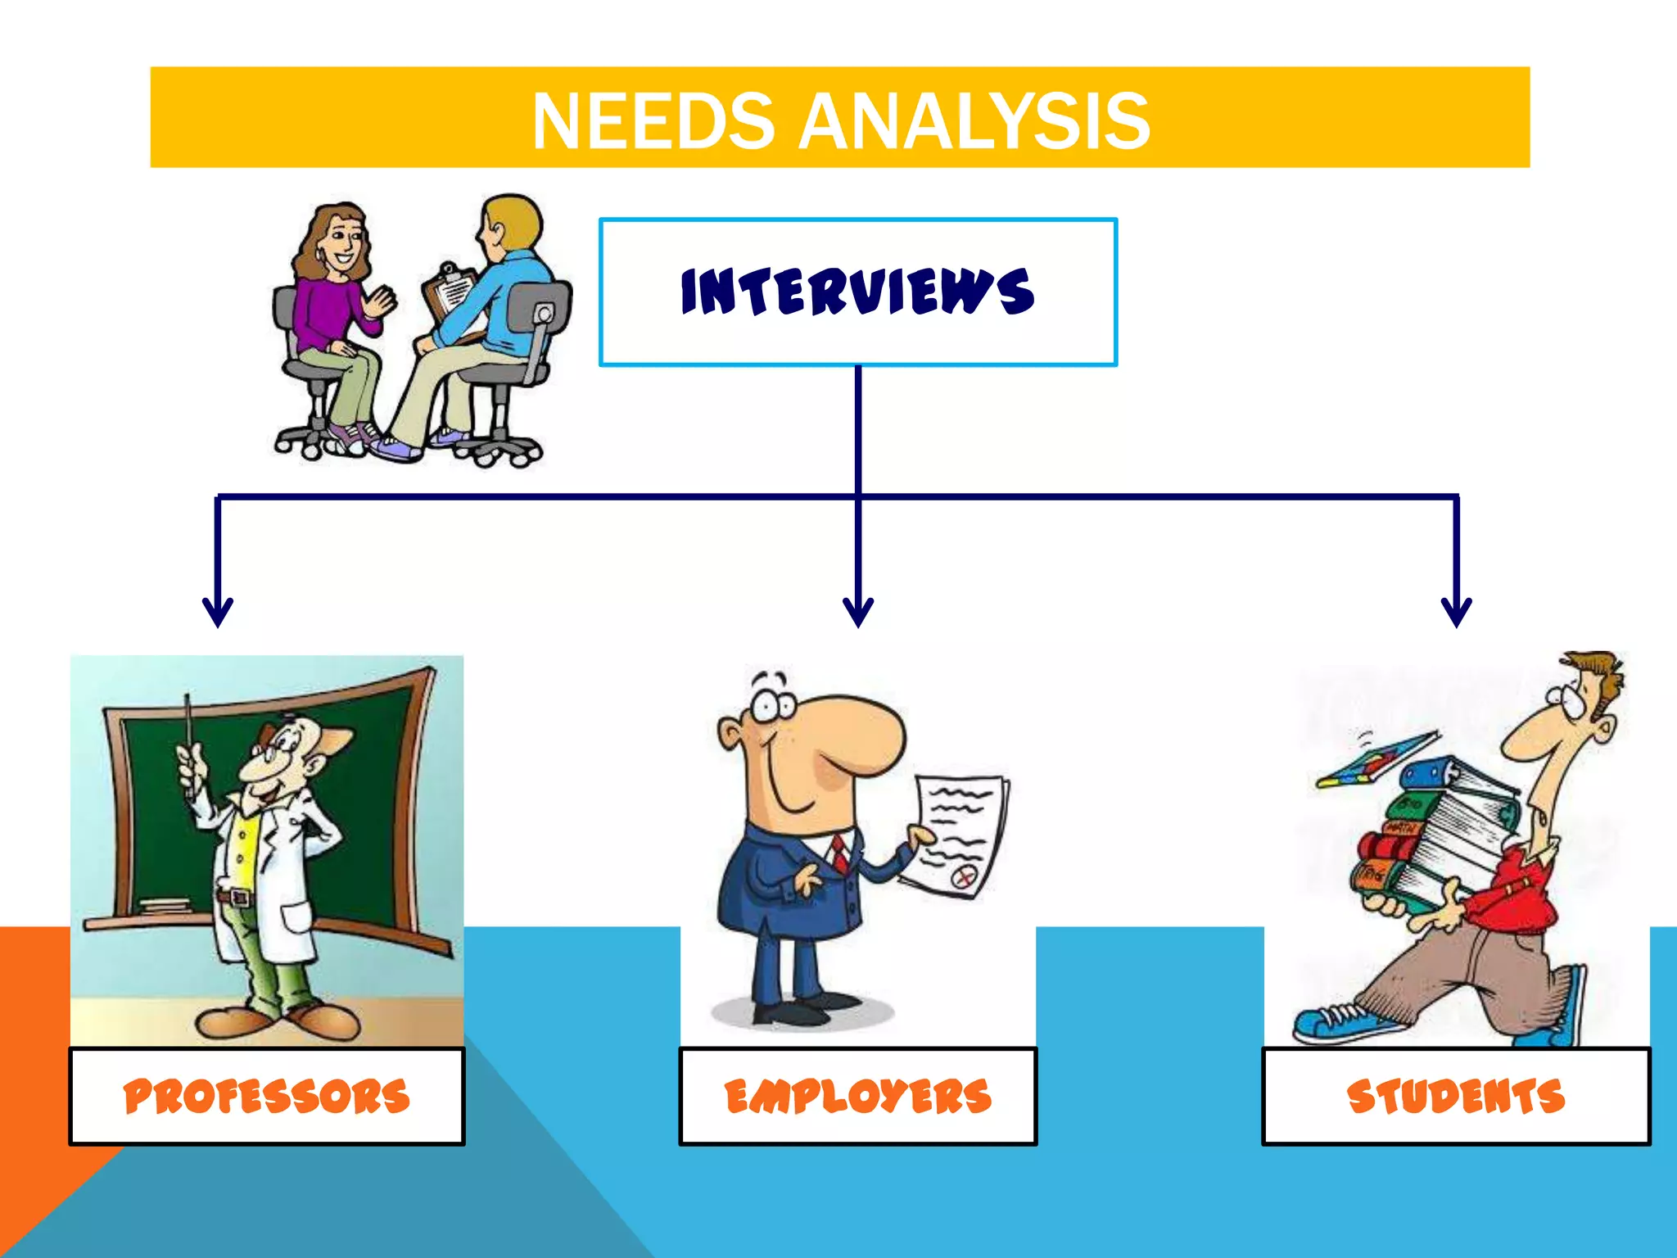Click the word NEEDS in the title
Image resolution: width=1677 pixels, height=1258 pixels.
click(x=653, y=121)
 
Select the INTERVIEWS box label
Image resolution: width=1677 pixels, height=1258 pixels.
click(x=857, y=292)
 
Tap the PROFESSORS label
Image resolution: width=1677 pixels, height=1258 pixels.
click(x=266, y=1097)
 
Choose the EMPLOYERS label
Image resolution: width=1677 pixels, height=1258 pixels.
click(x=857, y=1097)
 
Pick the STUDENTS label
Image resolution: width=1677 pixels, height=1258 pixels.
click(x=1455, y=1097)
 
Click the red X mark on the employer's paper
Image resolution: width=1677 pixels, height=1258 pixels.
click(x=964, y=878)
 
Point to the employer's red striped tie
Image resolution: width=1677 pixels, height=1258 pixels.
click(x=840, y=853)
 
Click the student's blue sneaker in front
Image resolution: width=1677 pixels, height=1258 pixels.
click(x=1335, y=1024)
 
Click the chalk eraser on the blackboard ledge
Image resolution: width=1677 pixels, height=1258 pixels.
click(x=165, y=906)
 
